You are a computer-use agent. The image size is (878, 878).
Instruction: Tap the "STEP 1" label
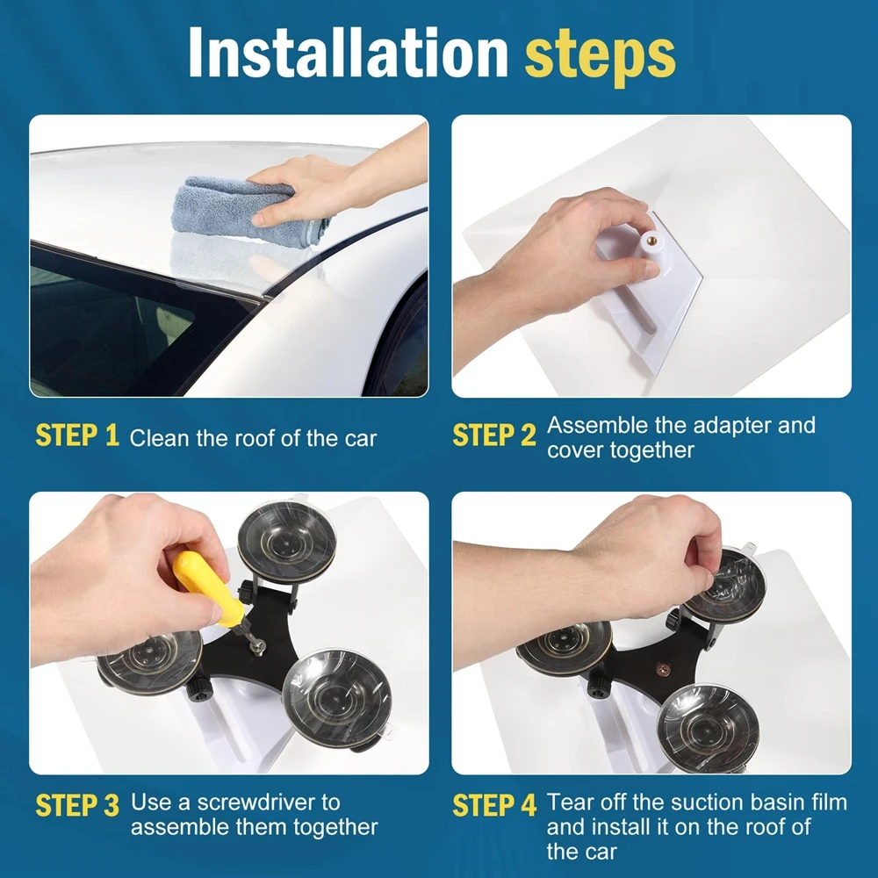coord(77,436)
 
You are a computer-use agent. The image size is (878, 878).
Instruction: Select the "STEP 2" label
coord(494,436)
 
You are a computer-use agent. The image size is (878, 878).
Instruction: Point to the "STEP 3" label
coord(77,805)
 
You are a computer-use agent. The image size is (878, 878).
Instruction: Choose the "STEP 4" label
coord(494,805)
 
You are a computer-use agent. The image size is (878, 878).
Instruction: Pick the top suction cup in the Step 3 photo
coord(287,540)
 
